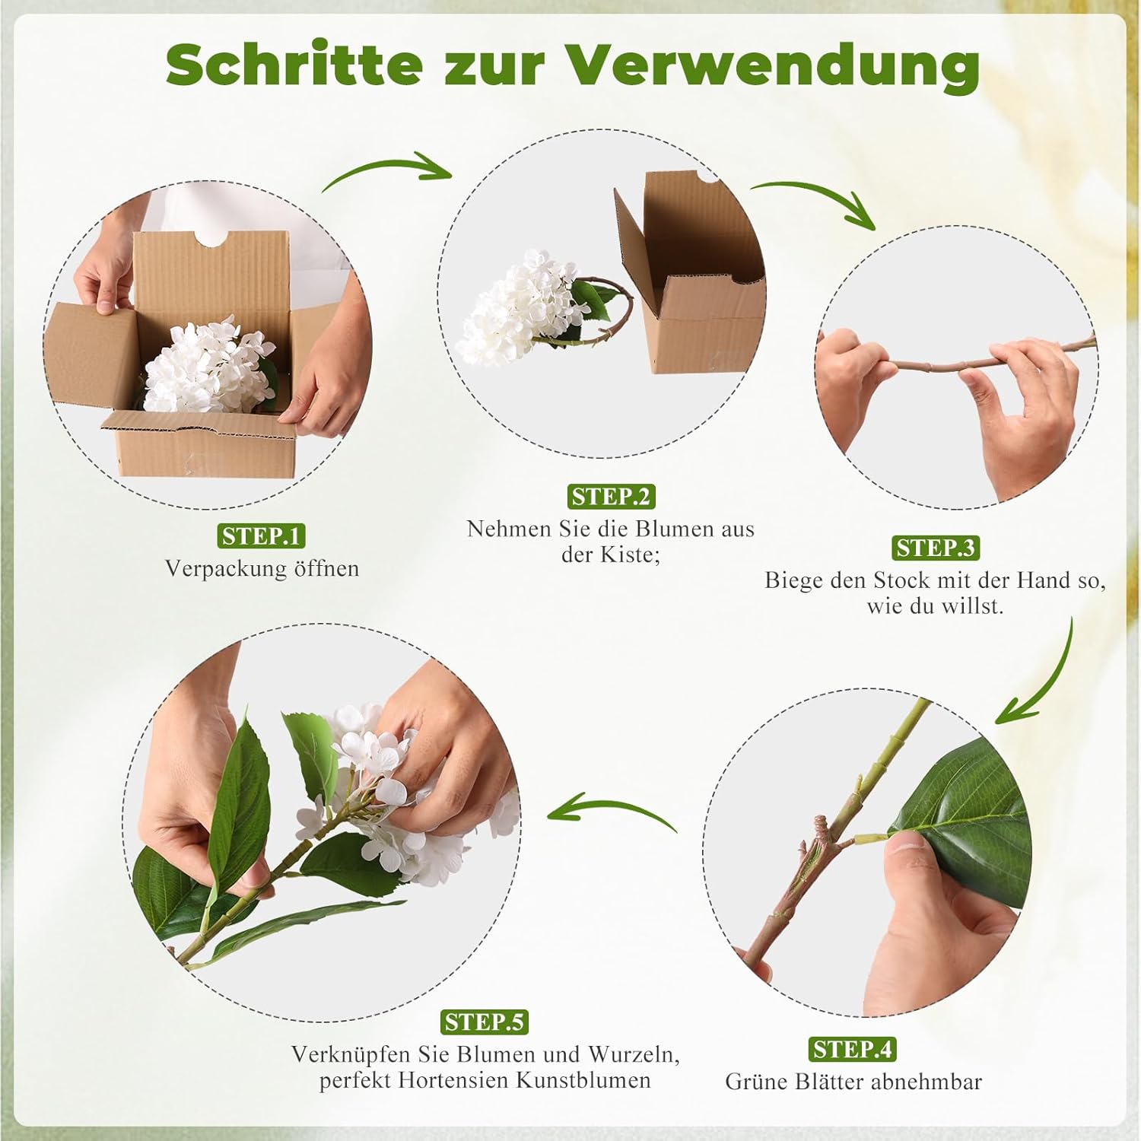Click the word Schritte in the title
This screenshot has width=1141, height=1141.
(x=294, y=65)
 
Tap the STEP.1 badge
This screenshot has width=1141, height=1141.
(x=262, y=536)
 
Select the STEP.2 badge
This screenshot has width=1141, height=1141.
(x=611, y=497)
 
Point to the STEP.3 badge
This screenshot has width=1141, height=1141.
(x=935, y=548)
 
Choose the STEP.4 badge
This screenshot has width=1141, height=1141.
(x=852, y=1050)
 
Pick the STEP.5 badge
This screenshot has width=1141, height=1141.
(x=485, y=1022)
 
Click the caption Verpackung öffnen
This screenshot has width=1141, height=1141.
(x=262, y=569)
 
